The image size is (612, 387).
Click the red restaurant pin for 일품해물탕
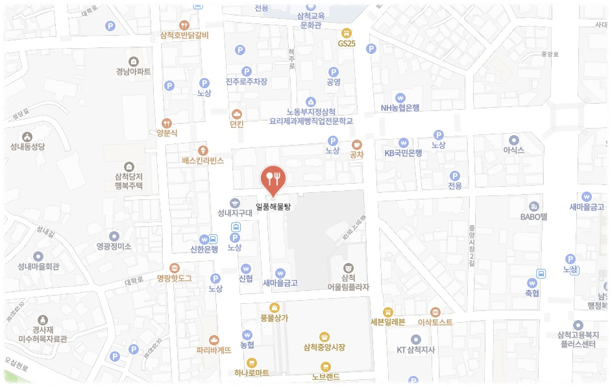pyautogui.click(x=273, y=179)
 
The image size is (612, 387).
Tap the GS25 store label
pyautogui.click(x=347, y=44)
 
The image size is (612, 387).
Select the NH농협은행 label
pyautogui.click(x=400, y=108)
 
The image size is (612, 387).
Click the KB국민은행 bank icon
pyautogui.click(x=404, y=142)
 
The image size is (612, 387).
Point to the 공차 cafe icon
pyautogui.click(x=356, y=145)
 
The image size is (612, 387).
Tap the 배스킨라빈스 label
pyautogui.click(x=202, y=160)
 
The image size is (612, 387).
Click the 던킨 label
pyautogui.click(x=236, y=124)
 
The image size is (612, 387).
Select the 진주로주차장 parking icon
pyautogui.click(x=246, y=71)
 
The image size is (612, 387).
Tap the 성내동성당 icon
pyautogui.click(x=27, y=137)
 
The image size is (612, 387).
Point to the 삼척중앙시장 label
pyautogui.click(x=324, y=347)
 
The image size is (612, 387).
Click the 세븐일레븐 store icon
pyautogui.click(x=387, y=312)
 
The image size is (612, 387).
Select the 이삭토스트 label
pyautogui.click(x=435, y=322)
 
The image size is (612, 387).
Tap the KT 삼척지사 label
pyautogui.click(x=415, y=350)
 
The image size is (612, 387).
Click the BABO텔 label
pyautogui.click(x=535, y=217)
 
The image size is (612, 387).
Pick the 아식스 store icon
pyautogui.click(x=514, y=140)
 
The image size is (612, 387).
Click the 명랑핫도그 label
pyautogui.click(x=174, y=279)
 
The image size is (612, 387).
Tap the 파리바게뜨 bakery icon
pyautogui.click(x=214, y=339)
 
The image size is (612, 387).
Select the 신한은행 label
pyautogui.click(x=204, y=249)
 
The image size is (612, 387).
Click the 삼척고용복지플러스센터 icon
pyautogui.click(x=578, y=325)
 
